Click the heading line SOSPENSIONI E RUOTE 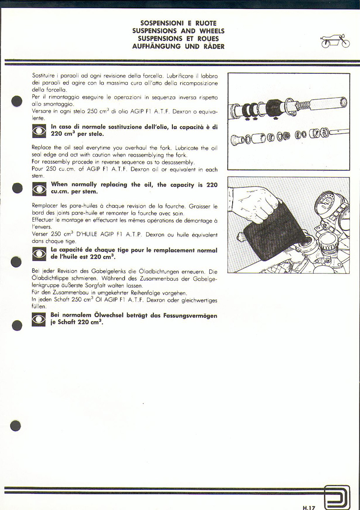tap(178, 23)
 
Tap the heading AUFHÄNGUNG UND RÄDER tap(178, 46)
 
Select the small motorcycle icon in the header tap(335, 42)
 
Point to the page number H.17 tap(309, 507)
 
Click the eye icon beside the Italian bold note tap(39, 131)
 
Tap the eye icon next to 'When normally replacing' tap(39, 188)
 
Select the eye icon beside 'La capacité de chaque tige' tap(39, 254)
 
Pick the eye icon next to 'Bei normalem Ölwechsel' tap(39, 319)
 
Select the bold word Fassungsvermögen tap(189, 316)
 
